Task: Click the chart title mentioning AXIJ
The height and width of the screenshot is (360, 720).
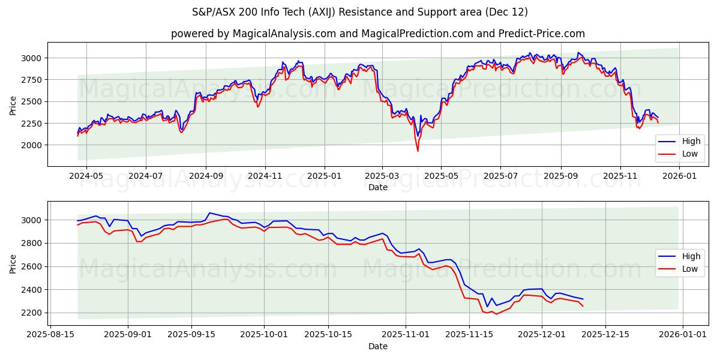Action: pyautogui.click(x=360, y=12)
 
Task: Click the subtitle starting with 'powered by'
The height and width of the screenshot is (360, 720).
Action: pyautogui.click(x=378, y=34)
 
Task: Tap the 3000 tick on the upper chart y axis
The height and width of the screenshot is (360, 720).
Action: pyautogui.click(x=32, y=58)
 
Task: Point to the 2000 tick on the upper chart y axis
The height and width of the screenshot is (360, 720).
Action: pyautogui.click(x=32, y=145)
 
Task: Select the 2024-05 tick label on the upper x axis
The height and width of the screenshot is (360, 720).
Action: pyautogui.click(x=86, y=176)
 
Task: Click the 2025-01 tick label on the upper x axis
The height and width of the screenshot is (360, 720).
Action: pyautogui.click(x=325, y=176)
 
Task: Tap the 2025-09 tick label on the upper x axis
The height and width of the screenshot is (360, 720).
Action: pyautogui.click(x=561, y=176)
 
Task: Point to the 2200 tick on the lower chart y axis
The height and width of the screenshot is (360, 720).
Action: pyautogui.click(x=32, y=313)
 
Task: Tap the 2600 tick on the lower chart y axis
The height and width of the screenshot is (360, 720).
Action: pyautogui.click(x=32, y=266)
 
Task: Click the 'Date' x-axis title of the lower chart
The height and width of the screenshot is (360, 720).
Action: pyautogui.click(x=378, y=346)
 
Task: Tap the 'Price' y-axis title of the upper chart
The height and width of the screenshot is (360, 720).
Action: pyautogui.click(x=13, y=104)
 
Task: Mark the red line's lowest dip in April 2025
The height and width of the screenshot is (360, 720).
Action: pyautogui.click(x=418, y=151)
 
